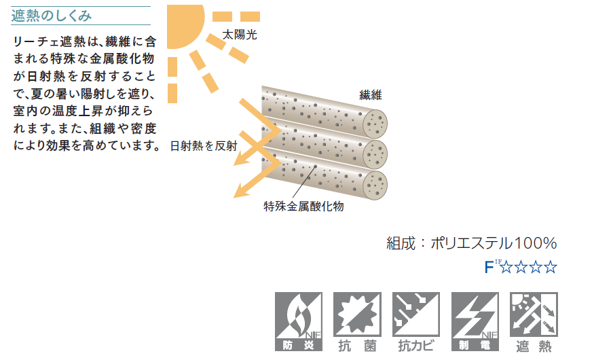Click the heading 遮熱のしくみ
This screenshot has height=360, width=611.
pyautogui.click(x=51, y=16)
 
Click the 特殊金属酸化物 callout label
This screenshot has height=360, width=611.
pyautogui.click(x=303, y=206)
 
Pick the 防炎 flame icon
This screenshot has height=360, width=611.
pyautogui.click(x=299, y=323)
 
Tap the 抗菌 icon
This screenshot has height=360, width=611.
pyautogui.click(x=357, y=323)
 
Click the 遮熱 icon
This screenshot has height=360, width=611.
pyautogui.click(x=533, y=323)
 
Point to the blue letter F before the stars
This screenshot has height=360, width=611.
pyautogui.click(x=488, y=267)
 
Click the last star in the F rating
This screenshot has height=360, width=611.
pyautogui.click(x=551, y=267)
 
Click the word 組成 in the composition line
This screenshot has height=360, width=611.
pyautogui.click(x=401, y=243)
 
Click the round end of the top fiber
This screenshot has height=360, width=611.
pyautogui.click(x=375, y=124)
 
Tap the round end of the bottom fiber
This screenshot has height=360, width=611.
pyautogui.click(x=375, y=185)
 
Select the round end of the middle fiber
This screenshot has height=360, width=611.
pyautogui.click(x=375, y=154)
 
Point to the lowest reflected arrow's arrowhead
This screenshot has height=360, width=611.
pyautogui.click(x=238, y=194)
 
